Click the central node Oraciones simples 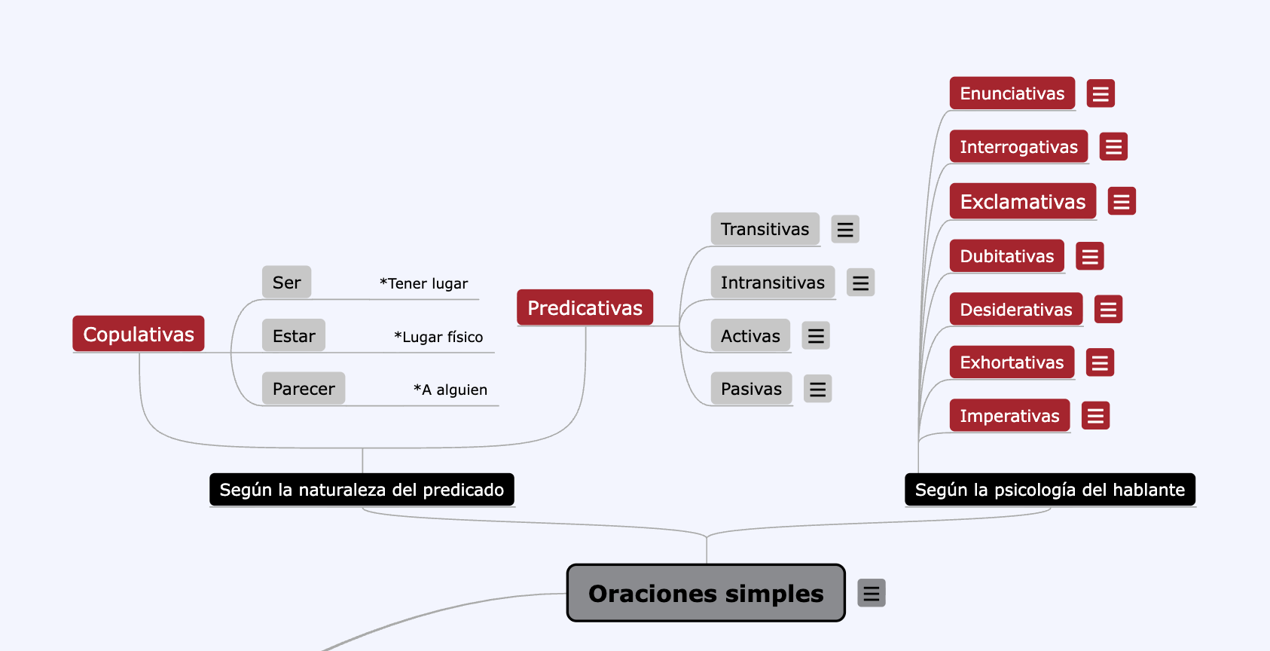(x=706, y=592)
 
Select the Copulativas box (x=139, y=334)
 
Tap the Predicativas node (x=585, y=307)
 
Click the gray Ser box (x=286, y=282)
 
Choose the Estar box (x=294, y=335)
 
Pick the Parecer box (x=304, y=389)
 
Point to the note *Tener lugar (x=423, y=283)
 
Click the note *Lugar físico (x=438, y=336)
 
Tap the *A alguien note (x=450, y=390)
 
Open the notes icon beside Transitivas (x=844, y=229)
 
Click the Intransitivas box (x=773, y=282)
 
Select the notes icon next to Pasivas (x=817, y=389)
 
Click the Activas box (x=751, y=335)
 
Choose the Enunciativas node (x=1012, y=93)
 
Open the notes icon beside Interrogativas (x=1113, y=146)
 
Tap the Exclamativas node (x=1023, y=201)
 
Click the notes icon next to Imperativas (x=1095, y=416)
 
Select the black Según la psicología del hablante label (x=1050, y=490)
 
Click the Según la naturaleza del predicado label (x=362, y=490)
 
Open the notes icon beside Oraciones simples (x=872, y=593)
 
